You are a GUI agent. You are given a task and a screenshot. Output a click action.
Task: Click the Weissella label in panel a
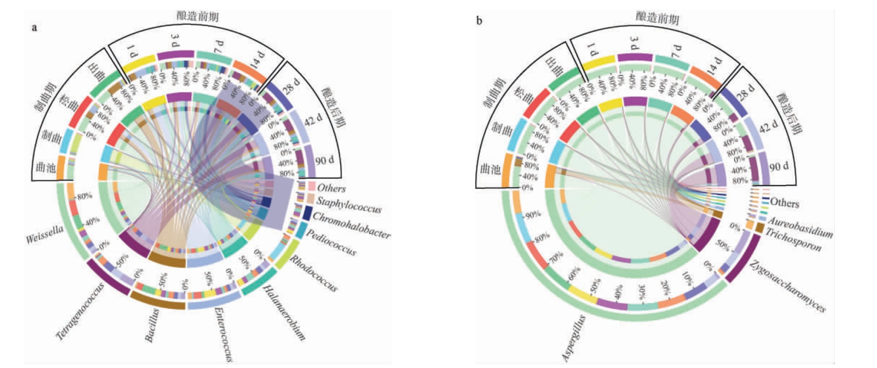[x=45, y=234]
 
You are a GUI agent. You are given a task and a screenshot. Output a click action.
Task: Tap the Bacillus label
[x=152, y=325]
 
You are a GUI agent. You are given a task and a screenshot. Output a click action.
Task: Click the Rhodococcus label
[x=314, y=273]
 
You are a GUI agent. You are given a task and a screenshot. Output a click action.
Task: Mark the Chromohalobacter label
[x=351, y=224]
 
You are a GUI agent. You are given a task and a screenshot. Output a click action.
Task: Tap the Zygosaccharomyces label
[x=787, y=286]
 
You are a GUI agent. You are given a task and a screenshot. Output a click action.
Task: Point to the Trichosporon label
[x=793, y=240]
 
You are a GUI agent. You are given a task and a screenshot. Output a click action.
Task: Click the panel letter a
[x=34, y=27]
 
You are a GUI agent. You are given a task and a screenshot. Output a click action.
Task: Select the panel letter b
[x=479, y=21]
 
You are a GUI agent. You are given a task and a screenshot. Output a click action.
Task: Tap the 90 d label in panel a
[x=324, y=160]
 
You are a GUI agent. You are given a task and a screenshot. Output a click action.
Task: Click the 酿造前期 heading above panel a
[x=197, y=16]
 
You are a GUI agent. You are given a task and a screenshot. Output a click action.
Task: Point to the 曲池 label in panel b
[x=490, y=169]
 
